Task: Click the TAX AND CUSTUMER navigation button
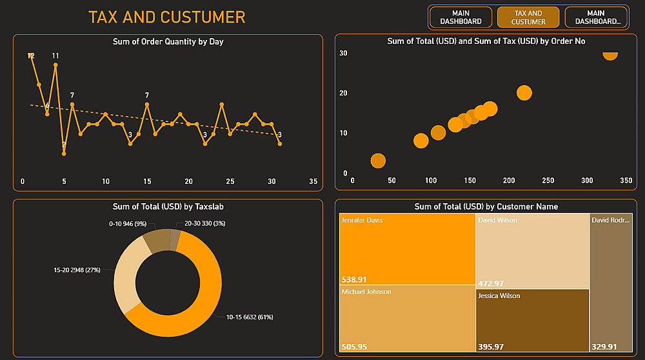[528, 17]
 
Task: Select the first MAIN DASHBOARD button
[461, 17]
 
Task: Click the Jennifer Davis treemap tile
[407, 249]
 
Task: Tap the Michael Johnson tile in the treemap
[407, 319]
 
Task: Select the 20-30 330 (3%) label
[204, 223]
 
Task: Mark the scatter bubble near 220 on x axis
[524, 93]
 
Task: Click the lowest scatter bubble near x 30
[378, 161]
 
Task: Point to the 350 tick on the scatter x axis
[626, 181]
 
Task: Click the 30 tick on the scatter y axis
[343, 54]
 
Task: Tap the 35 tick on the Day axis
[313, 181]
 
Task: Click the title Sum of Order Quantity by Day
[168, 42]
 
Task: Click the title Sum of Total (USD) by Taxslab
[168, 206]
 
